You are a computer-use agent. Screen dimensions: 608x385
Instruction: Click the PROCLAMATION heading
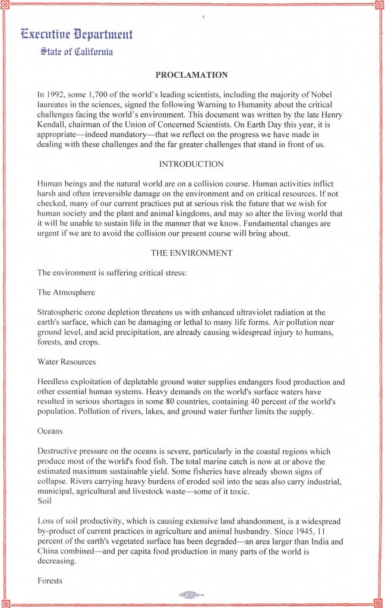[191, 75]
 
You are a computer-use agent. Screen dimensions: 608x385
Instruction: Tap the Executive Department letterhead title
[77, 34]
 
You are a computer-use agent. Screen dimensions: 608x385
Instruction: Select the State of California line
[77, 52]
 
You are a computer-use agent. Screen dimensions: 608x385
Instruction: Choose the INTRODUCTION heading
[191, 164]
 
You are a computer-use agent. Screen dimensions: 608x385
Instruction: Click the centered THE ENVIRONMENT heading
[191, 253]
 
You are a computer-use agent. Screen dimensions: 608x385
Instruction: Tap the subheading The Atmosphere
[66, 293]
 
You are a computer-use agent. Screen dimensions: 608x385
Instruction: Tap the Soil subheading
[45, 501]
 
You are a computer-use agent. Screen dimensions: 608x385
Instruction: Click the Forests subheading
[50, 581]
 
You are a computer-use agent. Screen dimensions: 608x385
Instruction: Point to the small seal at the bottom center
[191, 595]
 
